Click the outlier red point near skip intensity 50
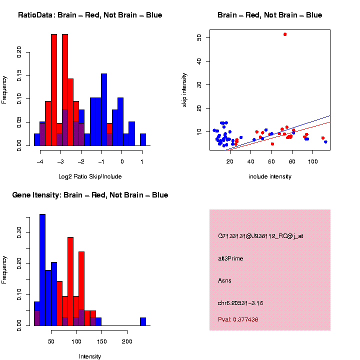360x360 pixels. coord(285,34)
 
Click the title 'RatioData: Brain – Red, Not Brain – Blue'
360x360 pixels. coord(90,15)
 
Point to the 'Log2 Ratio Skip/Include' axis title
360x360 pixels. coord(90,176)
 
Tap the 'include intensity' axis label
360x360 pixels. coord(270,176)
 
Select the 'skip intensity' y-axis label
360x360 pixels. coord(185,90)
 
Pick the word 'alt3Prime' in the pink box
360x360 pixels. coord(230,258)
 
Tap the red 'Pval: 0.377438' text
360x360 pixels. coord(238,319)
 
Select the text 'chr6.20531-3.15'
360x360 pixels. coord(240,303)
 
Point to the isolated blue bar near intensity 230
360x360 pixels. coord(143,321)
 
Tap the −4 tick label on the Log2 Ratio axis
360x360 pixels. coord(40,161)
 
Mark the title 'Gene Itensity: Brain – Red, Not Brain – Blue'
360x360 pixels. coord(90,195)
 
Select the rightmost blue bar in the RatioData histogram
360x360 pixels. coord(143,139)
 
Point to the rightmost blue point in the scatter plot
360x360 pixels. coord(325,142)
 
